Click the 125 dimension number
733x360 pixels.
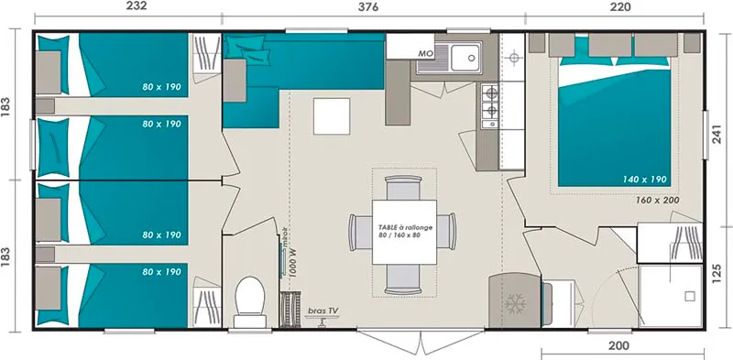(x=721, y=272)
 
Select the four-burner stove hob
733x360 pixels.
(x=489, y=104)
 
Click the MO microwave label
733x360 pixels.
(x=425, y=54)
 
